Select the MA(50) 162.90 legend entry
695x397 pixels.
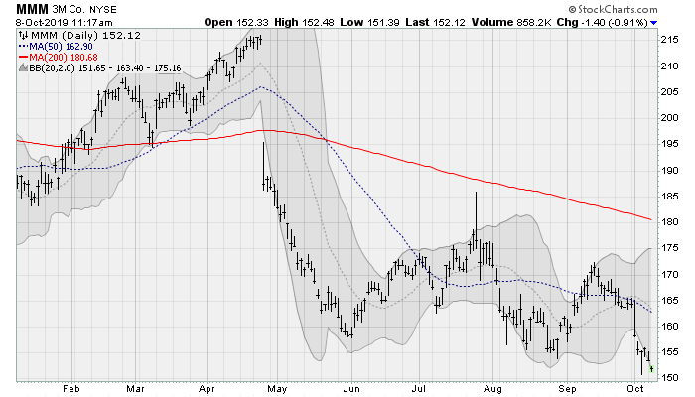(57, 45)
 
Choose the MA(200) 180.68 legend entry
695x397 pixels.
(59, 56)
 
